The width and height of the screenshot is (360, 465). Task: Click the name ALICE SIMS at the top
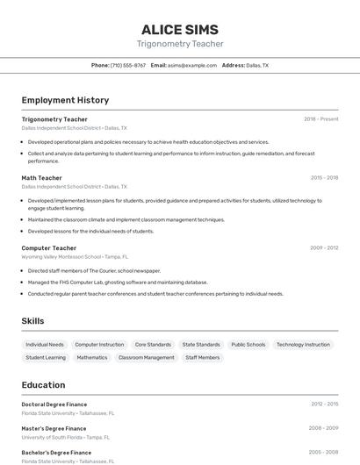(x=180, y=29)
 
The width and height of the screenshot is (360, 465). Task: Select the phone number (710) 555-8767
(x=128, y=65)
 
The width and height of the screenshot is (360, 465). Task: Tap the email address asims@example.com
(x=192, y=65)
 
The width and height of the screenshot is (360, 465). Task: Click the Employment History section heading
(x=65, y=100)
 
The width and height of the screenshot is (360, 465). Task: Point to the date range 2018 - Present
(x=321, y=119)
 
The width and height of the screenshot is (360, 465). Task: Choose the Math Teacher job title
(x=41, y=177)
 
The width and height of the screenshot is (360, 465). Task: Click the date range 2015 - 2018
(x=324, y=177)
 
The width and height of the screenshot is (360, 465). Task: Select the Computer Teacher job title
(x=48, y=248)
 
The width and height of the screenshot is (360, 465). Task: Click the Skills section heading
(x=32, y=321)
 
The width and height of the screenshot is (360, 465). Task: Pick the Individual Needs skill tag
(x=45, y=345)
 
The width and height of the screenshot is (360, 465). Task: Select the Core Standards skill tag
(x=153, y=345)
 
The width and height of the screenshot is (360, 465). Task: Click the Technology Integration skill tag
(x=302, y=345)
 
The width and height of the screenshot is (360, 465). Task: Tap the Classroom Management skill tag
(x=146, y=358)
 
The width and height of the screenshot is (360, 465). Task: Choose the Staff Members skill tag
(x=202, y=358)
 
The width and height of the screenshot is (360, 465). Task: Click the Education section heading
(x=43, y=384)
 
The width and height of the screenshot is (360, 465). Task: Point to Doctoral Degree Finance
(x=54, y=404)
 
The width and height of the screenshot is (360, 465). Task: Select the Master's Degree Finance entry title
(x=54, y=428)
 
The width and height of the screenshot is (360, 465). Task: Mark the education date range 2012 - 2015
(x=324, y=404)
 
